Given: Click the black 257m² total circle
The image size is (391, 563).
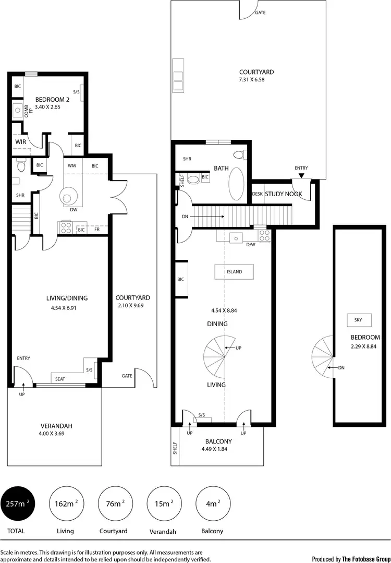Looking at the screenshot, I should point(19,504).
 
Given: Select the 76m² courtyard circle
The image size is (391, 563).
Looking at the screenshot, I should point(115,504).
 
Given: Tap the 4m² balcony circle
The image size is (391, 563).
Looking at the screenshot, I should point(211,504).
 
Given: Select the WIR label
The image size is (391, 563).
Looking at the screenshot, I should point(21,141).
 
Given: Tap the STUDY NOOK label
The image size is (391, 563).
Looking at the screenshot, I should point(284,194).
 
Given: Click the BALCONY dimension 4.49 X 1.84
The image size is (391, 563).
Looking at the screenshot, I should point(217,449).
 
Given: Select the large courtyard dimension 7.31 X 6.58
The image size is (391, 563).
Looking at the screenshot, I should point(249,80).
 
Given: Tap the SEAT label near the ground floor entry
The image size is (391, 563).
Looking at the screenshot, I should point(60,379).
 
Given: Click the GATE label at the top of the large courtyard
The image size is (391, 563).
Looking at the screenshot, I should point(260,12).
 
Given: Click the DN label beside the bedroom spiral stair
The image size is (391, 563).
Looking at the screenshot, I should point(341,368).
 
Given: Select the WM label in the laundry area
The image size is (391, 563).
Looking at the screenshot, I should point(72,166).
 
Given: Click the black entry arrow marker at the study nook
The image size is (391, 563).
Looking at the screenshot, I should point(301,175).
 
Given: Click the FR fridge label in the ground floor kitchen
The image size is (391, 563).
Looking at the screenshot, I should point(97,229).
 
